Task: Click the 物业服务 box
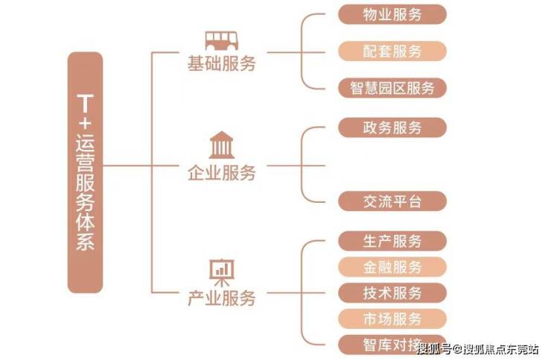click(392, 14)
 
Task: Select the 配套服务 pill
click(392, 51)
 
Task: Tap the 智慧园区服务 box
click(392, 87)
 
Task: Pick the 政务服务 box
click(392, 128)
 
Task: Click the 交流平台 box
click(392, 201)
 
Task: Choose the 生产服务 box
click(392, 241)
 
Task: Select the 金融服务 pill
click(392, 266)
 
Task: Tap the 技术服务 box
click(392, 292)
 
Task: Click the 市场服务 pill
click(392, 318)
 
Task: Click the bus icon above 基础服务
click(221, 40)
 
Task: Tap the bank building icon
click(221, 144)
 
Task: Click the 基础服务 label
click(221, 65)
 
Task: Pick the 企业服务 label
click(221, 174)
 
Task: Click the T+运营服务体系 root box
click(85, 172)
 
